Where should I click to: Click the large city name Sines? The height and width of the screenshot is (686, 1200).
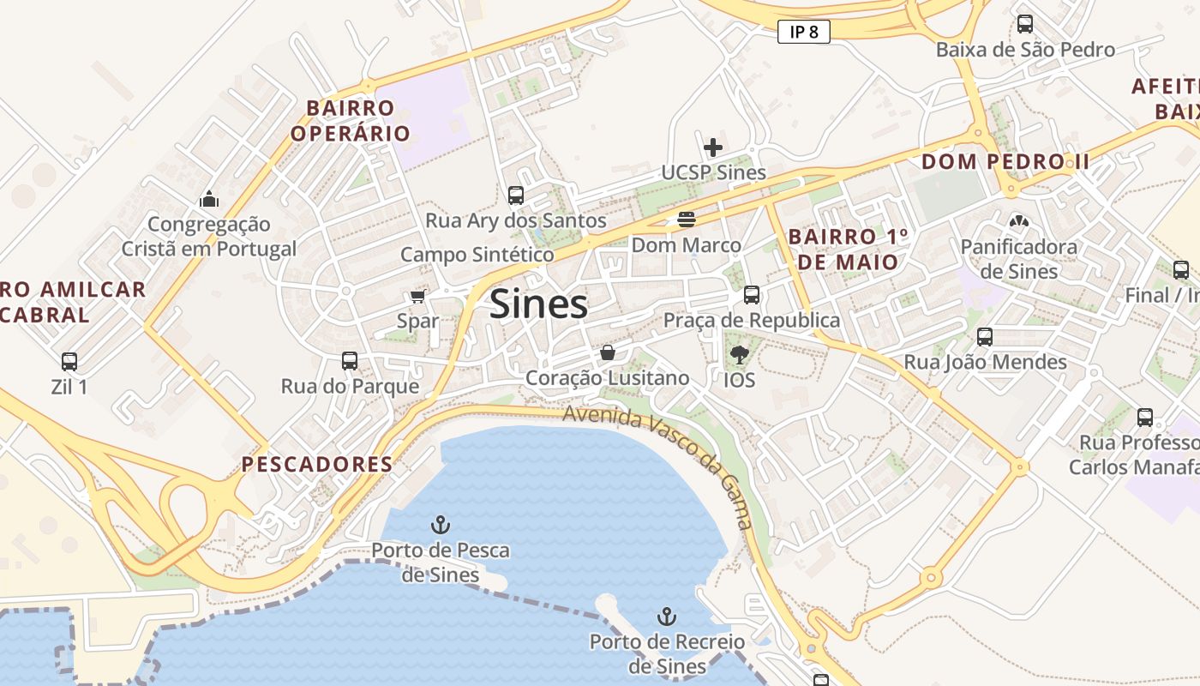[x=538, y=304]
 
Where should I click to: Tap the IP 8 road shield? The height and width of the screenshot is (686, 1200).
[x=804, y=33]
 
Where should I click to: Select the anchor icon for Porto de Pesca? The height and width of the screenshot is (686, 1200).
[x=441, y=524]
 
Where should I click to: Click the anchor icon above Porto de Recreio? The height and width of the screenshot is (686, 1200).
[x=666, y=616]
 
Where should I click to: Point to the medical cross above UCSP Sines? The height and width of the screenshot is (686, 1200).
[x=712, y=147]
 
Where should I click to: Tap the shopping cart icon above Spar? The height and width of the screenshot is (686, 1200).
[x=417, y=297]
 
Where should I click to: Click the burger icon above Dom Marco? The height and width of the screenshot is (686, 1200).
[x=686, y=220]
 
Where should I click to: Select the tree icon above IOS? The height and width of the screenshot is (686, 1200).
[x=738, y=353]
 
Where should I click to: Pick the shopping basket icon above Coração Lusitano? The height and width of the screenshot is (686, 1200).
[x=607, y=352]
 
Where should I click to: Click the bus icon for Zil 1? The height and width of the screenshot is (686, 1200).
[x=69, y=361]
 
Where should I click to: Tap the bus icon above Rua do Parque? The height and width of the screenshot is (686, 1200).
[x=350, y=360]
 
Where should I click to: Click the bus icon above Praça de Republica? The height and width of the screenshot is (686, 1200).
[x=752, y=294]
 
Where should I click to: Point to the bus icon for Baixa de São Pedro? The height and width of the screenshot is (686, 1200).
[x=1024, y=24]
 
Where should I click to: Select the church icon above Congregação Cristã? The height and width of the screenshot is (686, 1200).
[x=208, y=199]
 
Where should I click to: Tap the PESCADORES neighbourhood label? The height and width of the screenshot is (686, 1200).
[x=316, y=465]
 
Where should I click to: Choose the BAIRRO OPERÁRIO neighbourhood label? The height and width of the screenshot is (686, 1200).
[x=350, y=121]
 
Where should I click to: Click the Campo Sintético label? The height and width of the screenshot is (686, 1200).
[x=477, y=255]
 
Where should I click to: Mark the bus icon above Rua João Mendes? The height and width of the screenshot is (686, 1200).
[x=985, y=337]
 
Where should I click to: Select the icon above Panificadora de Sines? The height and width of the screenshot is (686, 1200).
[x=1018, y=221]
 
